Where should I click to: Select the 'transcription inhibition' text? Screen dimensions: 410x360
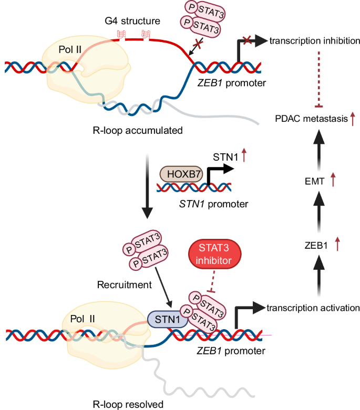pos(314,41)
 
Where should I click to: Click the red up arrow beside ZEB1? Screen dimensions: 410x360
pos(337,244)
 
